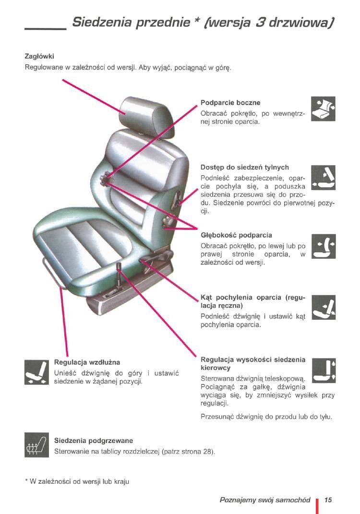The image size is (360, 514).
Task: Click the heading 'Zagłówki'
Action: [x=39, y=56]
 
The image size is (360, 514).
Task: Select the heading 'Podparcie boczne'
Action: [x=230, y=103]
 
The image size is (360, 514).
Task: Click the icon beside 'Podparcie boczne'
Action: [x=323, y=108]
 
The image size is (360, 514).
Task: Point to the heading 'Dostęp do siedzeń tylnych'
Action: [x=245, y=167]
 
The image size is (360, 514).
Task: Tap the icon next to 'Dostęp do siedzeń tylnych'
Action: [x=323, y=178]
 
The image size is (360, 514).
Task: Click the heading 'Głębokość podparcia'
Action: [x=236, y=235]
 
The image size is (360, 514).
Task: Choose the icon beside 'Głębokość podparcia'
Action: [x=323, y=246]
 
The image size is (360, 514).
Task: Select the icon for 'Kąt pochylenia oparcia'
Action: [x=323, y=307]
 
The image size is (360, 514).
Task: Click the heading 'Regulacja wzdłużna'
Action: [x=87, y=362]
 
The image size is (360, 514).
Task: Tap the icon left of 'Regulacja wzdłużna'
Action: [x=37, y=372]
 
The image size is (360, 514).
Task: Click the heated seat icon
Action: [x=37, y=445]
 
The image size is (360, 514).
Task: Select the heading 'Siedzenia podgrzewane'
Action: [x=94, y=441]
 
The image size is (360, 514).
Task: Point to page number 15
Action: [x=328, y=500]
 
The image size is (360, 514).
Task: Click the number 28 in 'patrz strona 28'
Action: [x=207, y=452]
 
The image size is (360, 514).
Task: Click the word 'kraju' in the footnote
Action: [x=121, y=481]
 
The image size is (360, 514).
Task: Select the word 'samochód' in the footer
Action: [x=293, y=500]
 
